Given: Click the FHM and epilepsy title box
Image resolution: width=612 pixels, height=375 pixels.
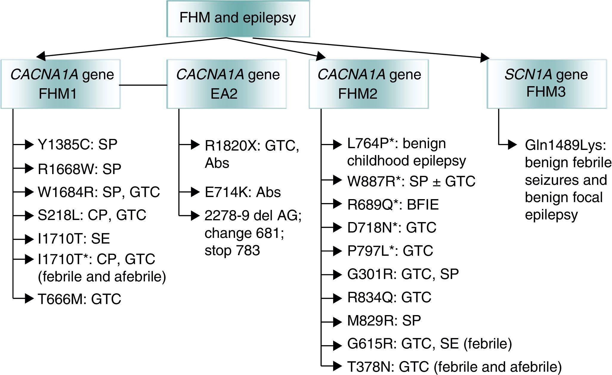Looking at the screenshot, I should pyautogui.click(x=238, y=18).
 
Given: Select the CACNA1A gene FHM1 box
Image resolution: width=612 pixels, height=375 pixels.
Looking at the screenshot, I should pyautogui.click(x=61, y=84).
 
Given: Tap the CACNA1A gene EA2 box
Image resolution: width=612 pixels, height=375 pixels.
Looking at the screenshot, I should pyautogui.click(x=226, y=84).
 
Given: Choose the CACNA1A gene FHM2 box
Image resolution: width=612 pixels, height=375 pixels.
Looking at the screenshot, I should pyautogui.click(x=369, y=84).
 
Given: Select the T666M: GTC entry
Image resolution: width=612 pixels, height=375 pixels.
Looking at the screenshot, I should pyautogui.click(x=79, y=299).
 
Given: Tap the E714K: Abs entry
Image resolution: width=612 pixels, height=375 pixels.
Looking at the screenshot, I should pyautogui.click(x=242, y=192).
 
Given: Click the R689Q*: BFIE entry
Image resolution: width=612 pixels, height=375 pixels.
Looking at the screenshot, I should pyautogui.click(x=393, y=205).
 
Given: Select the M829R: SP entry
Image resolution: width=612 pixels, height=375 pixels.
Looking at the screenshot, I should pyautogui.click(x=384, y=321).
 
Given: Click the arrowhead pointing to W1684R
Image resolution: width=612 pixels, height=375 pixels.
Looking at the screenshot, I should pyautogui.click(x=29, y=192).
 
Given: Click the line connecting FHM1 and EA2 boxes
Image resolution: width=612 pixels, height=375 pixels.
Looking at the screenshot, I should pyautogui.click(x=143, y=85).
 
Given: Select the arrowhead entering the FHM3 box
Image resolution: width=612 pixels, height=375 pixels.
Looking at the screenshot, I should pyautogui.click(x=485, y=58).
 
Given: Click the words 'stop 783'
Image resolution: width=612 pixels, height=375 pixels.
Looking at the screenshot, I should pyautogui.click(x=232, y=250).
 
